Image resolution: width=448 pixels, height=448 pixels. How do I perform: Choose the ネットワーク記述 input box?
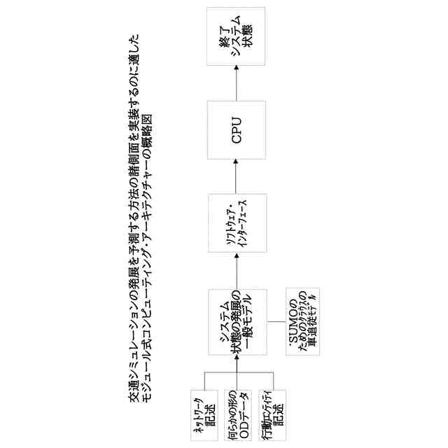(x=203, y=412)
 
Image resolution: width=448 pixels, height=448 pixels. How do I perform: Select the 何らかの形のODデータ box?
(x=236, y=412)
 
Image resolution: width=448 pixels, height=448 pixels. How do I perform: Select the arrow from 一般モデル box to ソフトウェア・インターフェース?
(x=236, y=270)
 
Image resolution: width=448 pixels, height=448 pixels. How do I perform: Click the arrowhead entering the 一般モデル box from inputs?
(x=236, y=360)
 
